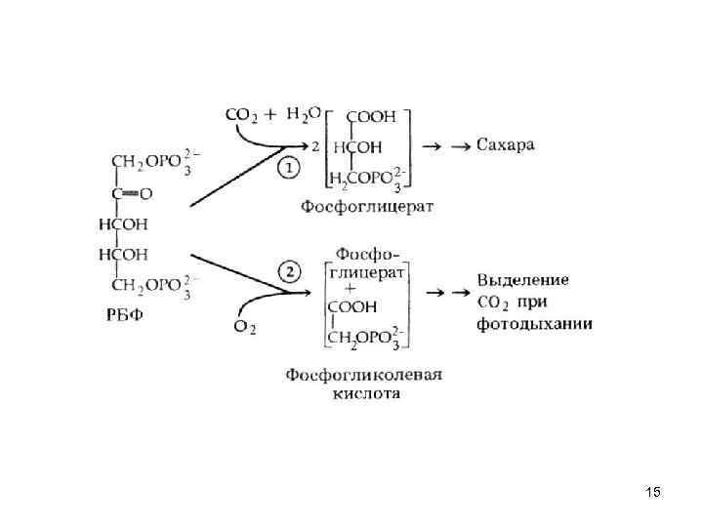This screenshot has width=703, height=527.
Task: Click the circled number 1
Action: pos(291,168)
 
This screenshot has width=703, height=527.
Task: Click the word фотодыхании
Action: pos(534,323)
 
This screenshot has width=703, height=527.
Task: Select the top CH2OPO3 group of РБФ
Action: pos(145,161)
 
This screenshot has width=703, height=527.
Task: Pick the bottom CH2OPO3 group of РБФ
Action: pos(145,286)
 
